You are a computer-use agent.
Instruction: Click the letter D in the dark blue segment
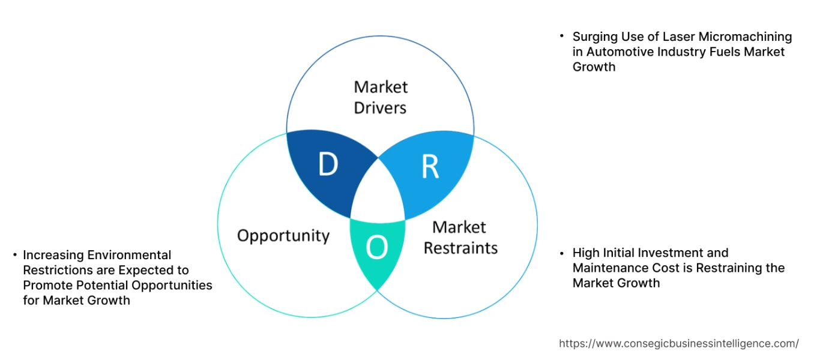tap(328, 165)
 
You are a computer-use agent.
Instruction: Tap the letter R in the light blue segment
tap(430, 167)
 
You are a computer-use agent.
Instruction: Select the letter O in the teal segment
tap(377, 248)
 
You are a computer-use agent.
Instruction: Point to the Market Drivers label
tap(381, 97)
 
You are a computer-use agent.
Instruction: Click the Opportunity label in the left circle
tap(283, 235)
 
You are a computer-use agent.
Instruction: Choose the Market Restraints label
tap(460, 237)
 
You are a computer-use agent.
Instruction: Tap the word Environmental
tap(134, 255)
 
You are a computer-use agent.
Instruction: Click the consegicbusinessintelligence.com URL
tap(679, 344)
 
